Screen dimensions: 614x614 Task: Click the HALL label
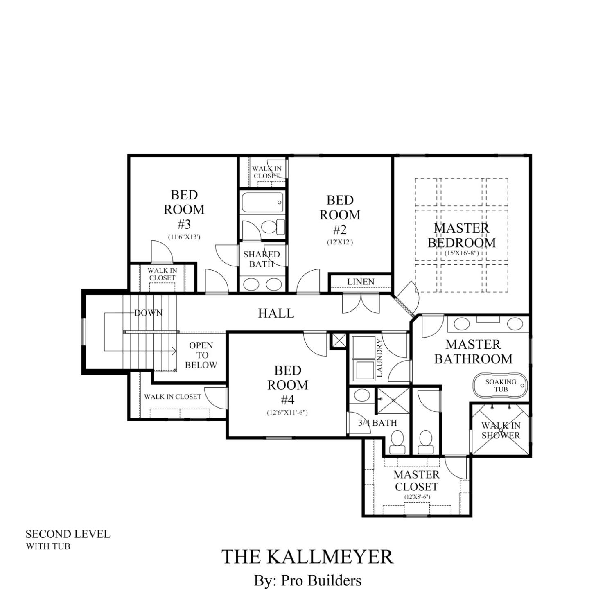click(x=276, y=313)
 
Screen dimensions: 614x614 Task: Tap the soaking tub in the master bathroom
click(x=500, y=385)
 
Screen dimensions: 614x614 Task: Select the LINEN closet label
click(x=361, y=282)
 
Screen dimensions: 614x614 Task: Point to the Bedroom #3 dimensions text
click(x=184, y=237)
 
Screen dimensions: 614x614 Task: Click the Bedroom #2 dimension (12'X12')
click(x=340, y=242)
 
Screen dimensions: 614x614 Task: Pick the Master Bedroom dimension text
click(x=461, y=253)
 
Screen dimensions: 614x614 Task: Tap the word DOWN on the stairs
click(x=148, y=313)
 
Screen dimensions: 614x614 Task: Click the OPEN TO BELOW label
click(x=201, y=355)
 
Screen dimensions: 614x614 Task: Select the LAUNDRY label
click(x=379, y=358)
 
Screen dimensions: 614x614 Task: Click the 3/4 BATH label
click(x=377, y=423)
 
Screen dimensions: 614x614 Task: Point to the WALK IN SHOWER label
click(x=501, y=430)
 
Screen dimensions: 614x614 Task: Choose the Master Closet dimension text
click(x=417, y=497)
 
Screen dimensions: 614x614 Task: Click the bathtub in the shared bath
click(x=262, y=203)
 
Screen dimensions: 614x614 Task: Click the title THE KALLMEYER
click(x=307, y=556)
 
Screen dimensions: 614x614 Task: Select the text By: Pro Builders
click(x=307, y=580)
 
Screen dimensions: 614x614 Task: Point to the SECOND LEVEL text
click(x=68, y=534)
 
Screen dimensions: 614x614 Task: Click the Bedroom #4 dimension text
click(x=287, y=413)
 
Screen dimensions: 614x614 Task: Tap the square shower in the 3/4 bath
click(x=393, y=400)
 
